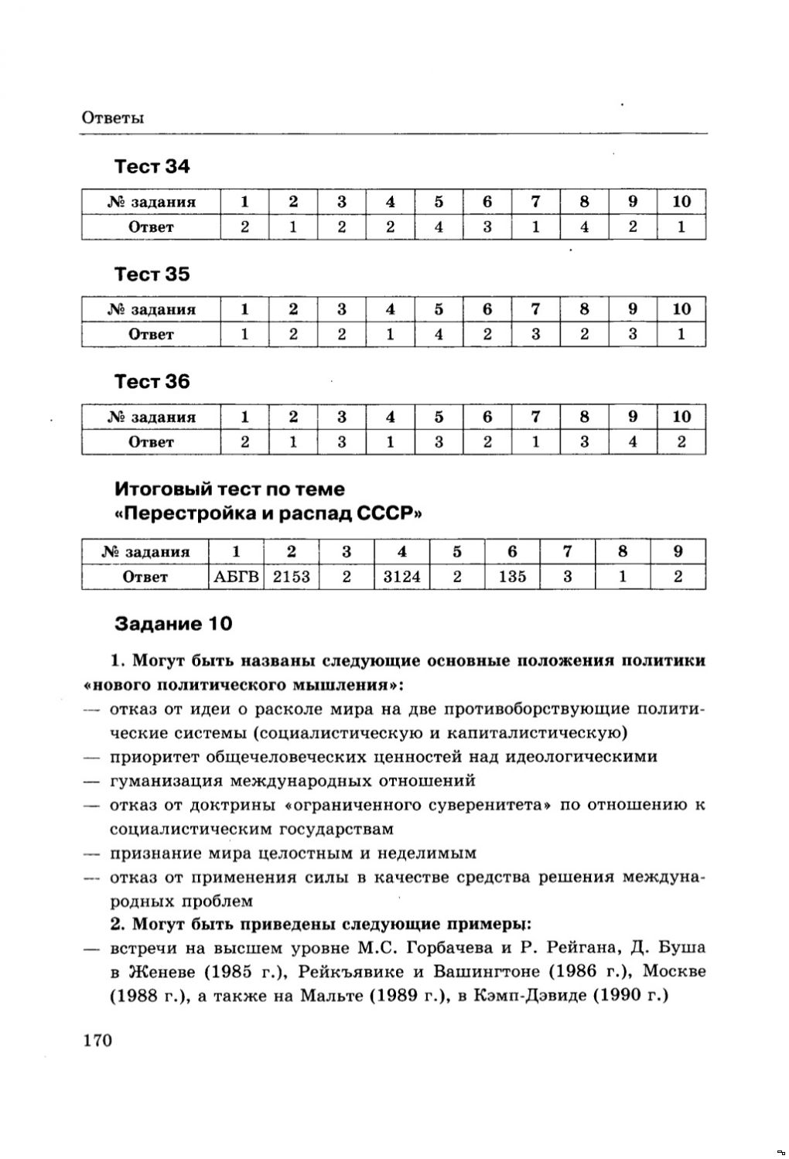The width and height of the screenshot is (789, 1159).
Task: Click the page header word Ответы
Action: tap(113, 118)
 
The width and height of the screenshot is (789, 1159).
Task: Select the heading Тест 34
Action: tap(152, 167)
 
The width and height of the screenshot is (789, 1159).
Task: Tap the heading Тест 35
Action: tap(152, 274)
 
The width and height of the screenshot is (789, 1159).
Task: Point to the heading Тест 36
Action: tap(152, 382)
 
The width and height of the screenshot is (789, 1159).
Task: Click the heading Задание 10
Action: tap(173, 623)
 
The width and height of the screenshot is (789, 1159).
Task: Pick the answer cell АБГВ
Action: tap(236, 577)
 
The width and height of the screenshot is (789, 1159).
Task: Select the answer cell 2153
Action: tap(291, 577)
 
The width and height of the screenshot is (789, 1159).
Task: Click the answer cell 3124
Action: tap(401, 577)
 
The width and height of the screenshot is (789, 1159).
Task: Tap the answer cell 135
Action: tap(511, 577)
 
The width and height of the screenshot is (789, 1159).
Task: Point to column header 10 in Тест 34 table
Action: tap(681, 202)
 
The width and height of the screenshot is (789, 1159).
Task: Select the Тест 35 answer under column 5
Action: tap(439, 335)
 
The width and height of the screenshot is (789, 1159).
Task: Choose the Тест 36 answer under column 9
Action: tap(633, 442)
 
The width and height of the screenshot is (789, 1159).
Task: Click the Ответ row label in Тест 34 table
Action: tap(151, 227)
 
